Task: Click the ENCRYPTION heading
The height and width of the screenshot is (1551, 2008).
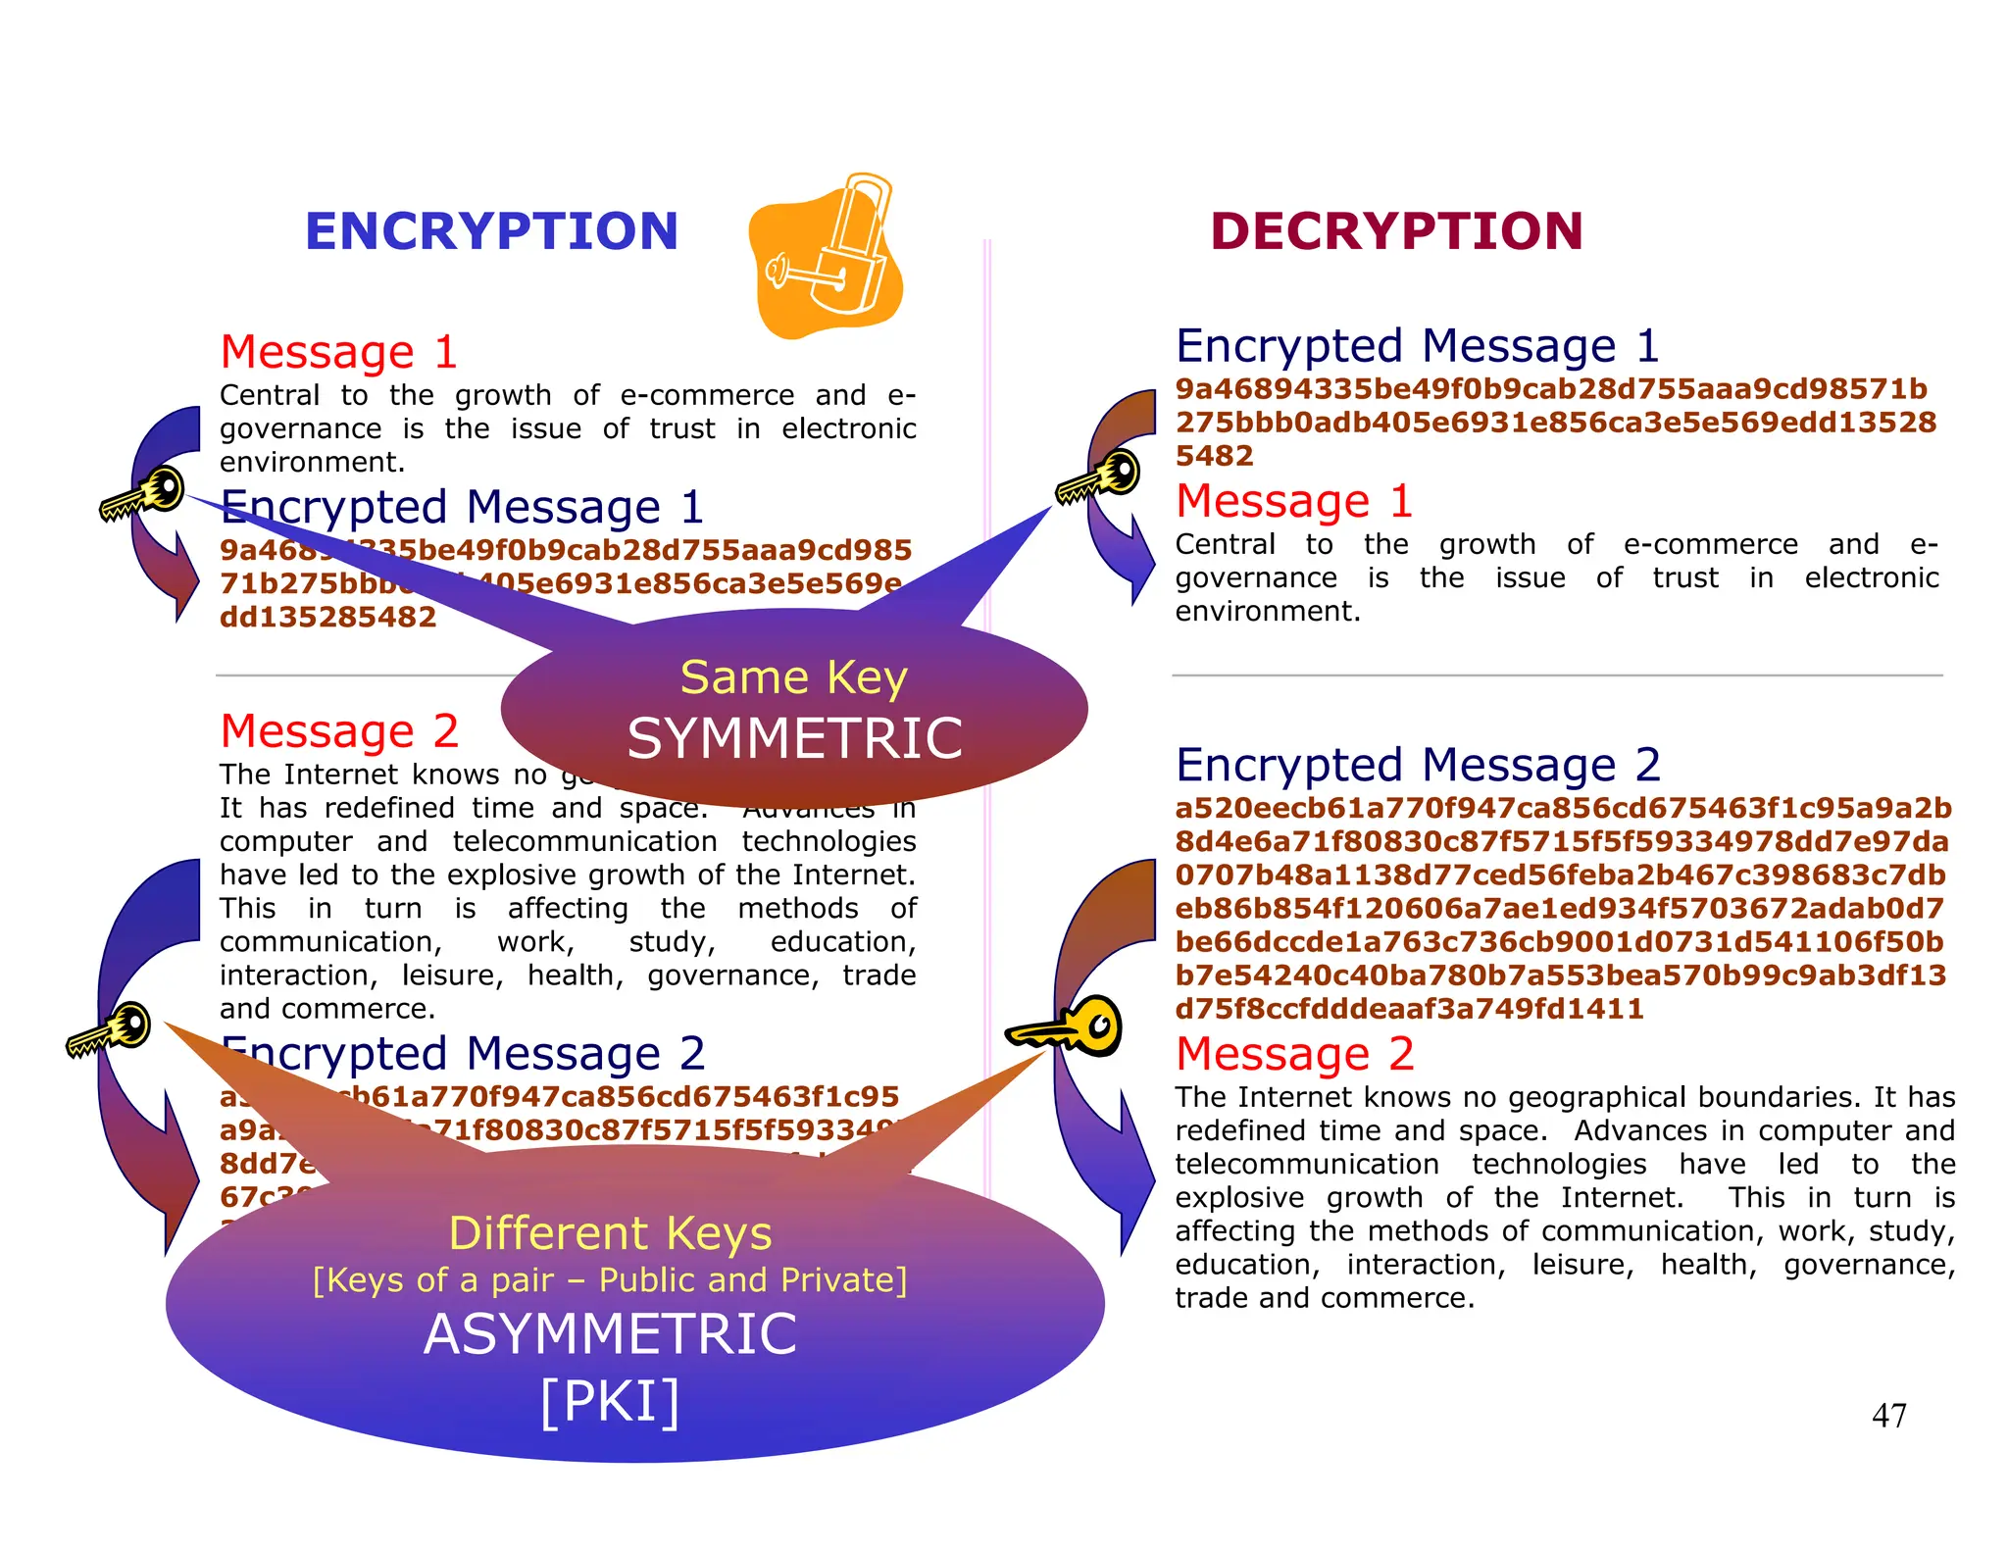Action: [x=491, y=231]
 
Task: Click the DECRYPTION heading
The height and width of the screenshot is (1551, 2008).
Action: [x=1396, y=231]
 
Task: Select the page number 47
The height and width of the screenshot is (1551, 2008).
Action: [x=1888, y=1416]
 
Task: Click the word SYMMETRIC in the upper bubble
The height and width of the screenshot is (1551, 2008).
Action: [x=794, y=738]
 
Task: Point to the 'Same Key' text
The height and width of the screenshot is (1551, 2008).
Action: [x=794, y=677]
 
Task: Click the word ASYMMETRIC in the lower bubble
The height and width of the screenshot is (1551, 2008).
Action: [x=610, y=1334]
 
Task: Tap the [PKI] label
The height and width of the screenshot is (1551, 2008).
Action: [x=610, y=1401]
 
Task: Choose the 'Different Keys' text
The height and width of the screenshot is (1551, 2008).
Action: [x=610, y=1233]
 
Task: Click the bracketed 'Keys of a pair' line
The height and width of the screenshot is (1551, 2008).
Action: [x=610, y=1280]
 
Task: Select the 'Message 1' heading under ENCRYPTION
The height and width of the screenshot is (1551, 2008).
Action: [x=338, y=352]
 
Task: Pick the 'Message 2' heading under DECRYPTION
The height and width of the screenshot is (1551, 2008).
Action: [x=1294, y=1054]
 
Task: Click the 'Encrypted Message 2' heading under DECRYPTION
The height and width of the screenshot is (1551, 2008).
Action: [x=1418, y=765]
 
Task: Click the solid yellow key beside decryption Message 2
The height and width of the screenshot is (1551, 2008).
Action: [x=1067, y=1026]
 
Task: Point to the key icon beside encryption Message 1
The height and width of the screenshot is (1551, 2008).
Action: [x=143, y=493]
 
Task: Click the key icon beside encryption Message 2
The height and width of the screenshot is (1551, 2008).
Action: [x=109, y=1029]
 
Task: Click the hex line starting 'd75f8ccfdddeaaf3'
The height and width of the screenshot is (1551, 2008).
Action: [x=1409, y=1009]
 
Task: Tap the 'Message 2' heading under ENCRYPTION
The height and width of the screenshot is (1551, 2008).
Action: [x=339, y=731]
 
